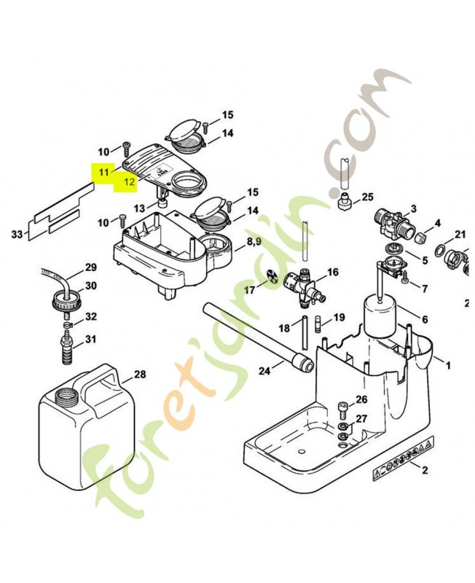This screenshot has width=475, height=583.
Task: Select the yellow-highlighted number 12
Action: (130, 182)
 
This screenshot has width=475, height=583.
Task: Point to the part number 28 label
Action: (140, 376)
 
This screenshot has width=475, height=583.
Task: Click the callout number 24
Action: (264, 371)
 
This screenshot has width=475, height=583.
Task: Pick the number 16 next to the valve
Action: (333, 273)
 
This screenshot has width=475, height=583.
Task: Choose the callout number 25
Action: (367, 197)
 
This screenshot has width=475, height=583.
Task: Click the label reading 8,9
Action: (254, 241)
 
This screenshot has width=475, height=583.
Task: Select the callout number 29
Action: (91, 267)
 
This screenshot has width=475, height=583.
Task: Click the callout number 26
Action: (362, 400)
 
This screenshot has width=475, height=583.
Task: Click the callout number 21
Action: (460, 234)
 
